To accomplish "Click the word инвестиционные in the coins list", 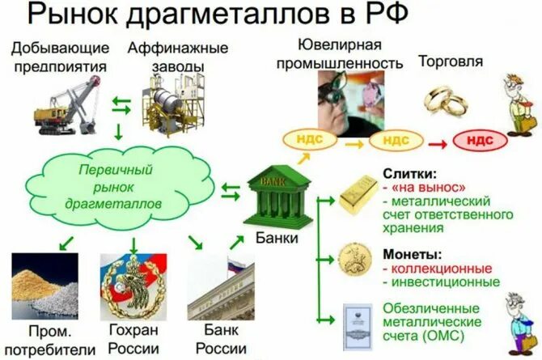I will pos(445,282).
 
